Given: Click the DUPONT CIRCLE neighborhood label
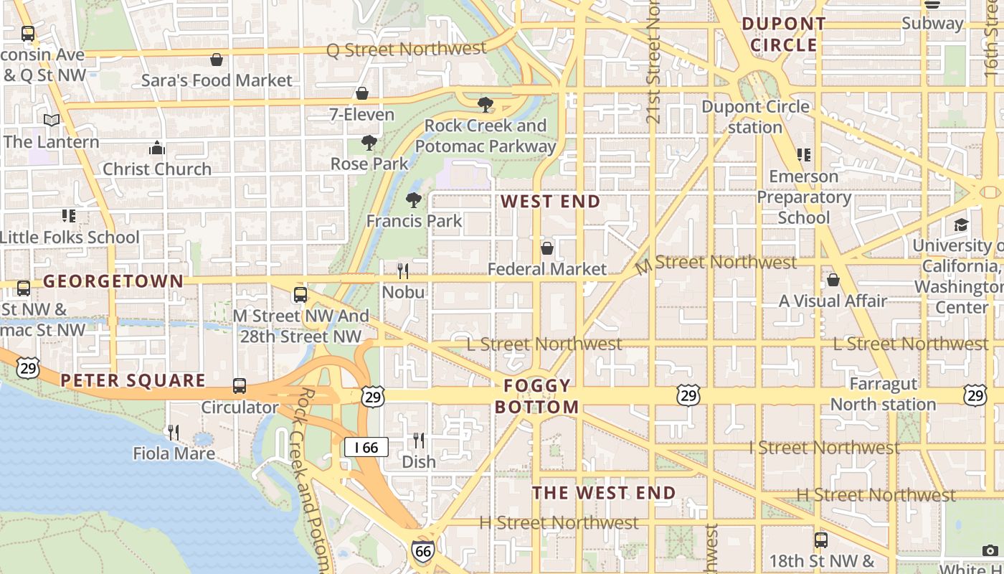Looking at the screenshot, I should pos(784,34).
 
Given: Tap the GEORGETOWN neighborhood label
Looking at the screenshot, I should pos(113,281).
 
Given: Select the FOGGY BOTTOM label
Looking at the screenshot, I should pos(537,396).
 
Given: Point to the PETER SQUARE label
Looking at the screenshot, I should pos(133,380).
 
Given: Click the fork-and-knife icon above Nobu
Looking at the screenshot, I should pos(403,270).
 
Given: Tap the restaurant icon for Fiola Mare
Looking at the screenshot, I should pos(174,432).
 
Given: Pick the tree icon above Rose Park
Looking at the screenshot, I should pos(369,142).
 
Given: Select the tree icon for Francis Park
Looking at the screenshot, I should pos(414,199).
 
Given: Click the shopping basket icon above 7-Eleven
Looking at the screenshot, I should pos(362,93).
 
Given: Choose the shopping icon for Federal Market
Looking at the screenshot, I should pos(547,248).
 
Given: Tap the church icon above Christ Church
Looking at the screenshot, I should pos(157,149).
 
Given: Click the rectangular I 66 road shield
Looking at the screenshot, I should pos(366,448).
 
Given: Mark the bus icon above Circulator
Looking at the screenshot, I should pos(240,386).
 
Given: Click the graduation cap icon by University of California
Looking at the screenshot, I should pos(961,225).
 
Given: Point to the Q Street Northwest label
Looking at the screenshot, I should pos(406,50).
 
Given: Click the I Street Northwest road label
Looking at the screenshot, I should pos(824,448).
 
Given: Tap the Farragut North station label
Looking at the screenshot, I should pos(883,394).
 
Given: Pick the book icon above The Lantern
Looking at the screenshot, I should pos(52,120).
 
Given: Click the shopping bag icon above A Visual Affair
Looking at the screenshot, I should pos(833,280).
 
